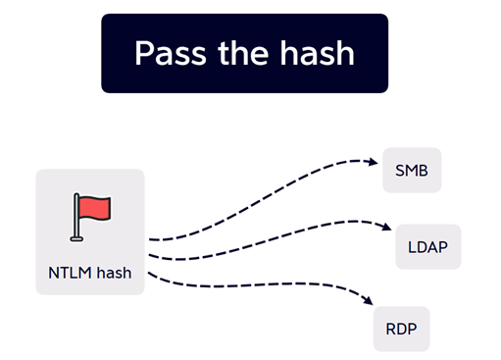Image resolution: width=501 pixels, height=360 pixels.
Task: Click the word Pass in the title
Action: [x=171, y=53]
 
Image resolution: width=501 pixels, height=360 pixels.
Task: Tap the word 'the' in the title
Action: [x=243, y=52]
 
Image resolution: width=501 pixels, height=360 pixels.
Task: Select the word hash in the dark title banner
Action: [x=317, y=52]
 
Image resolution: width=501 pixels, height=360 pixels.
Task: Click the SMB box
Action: [x=412, y=170]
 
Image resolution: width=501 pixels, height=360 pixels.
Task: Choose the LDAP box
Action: [x=428, y=247]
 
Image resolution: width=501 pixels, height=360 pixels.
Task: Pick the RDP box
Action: [x=401, y=329]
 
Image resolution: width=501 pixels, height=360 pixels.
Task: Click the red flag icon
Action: [x=90, y=217]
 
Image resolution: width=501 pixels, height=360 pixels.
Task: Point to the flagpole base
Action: [x=76, y=239]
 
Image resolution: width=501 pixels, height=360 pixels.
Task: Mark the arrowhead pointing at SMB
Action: [x=374, y=162]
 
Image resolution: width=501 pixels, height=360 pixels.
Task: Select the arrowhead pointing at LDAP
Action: [x=387, y=227]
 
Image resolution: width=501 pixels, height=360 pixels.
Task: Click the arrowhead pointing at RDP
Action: [x=369, y=300]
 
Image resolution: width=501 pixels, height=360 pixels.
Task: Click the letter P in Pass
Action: [x=143, y=53]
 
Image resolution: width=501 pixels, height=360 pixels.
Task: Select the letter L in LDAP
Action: [x=412, y=247]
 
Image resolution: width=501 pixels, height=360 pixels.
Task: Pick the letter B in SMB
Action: [x=424, y=171]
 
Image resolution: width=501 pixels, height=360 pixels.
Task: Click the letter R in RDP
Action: [x=390, y=329]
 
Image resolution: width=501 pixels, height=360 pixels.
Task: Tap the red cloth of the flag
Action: [x=95, y=208]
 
